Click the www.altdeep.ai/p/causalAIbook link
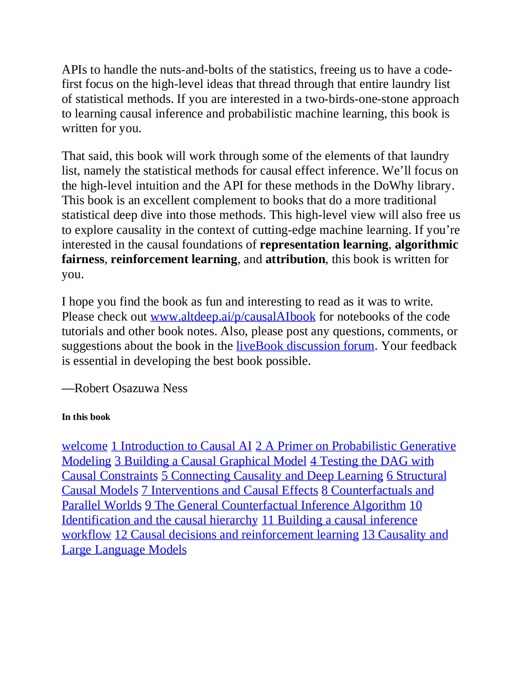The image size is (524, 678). (x=233, y=317)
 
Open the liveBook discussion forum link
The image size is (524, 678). (x=305, y=346)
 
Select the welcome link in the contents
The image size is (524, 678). (x=84, y=446)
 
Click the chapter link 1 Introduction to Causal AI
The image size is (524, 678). (x=181, y=446)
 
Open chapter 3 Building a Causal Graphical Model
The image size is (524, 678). (x=210, y=461)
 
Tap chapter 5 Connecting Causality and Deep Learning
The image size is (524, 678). (x=272, y=476)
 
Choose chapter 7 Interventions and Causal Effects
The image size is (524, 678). (x=230, y=490)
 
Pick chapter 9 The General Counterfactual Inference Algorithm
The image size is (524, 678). (x=275, y=505)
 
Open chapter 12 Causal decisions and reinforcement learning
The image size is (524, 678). (x=237, y=535)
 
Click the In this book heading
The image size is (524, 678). (x=86, y=417)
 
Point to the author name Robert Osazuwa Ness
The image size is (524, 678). (x=131, y=388)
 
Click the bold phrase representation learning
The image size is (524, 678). (x=324, y=245)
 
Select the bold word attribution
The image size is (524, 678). (x=295, y=259)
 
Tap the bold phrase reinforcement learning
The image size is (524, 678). (x=174, y=259)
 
